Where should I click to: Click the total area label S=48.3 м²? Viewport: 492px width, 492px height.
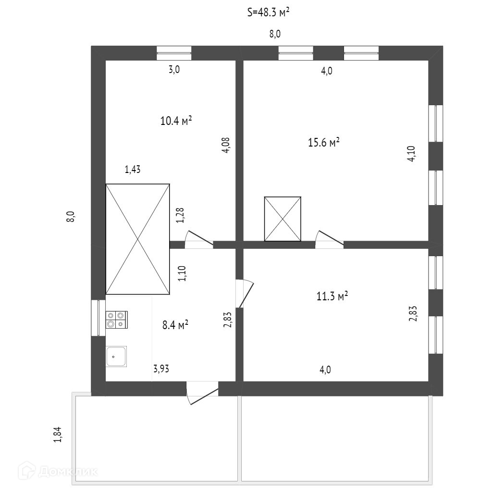pyautogui.click(x=268, y=13)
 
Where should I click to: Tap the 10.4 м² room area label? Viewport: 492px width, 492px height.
pyautogui.click(x=176, y=121)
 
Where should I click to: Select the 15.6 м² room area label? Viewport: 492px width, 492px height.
pyautogui.click(x=324, y=142)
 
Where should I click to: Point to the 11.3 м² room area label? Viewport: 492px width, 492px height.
pyautogui.click(x=332, y=297)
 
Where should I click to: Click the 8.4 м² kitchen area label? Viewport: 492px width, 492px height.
pyautogui.click(x=175, y=325)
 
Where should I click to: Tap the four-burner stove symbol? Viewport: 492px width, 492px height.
pyautogui.click(x=117, y=320)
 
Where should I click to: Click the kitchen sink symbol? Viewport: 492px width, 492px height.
pyautogui.click(x=116, y=356)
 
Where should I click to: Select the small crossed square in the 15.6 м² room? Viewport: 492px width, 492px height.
pyautogui.click(x=283, y=219)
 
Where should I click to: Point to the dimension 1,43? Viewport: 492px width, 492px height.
pyautogui.click(x=133, y=169)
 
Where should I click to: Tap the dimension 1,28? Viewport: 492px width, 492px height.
pyautogui.click(x=180, y=215)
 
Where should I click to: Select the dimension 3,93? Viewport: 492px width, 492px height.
pyautogui.click(x=161, y=369)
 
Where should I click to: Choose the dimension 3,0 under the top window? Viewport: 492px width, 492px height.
pyautogui.click(x=174, y=70)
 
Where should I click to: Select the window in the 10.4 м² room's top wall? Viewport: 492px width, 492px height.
pyautogui.click(x=174, y=53)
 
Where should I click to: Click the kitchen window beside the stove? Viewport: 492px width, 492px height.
pyautogui.click(x=98, y=318)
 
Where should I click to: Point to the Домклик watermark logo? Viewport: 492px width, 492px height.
pyautogui.click(x=60, y=471)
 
